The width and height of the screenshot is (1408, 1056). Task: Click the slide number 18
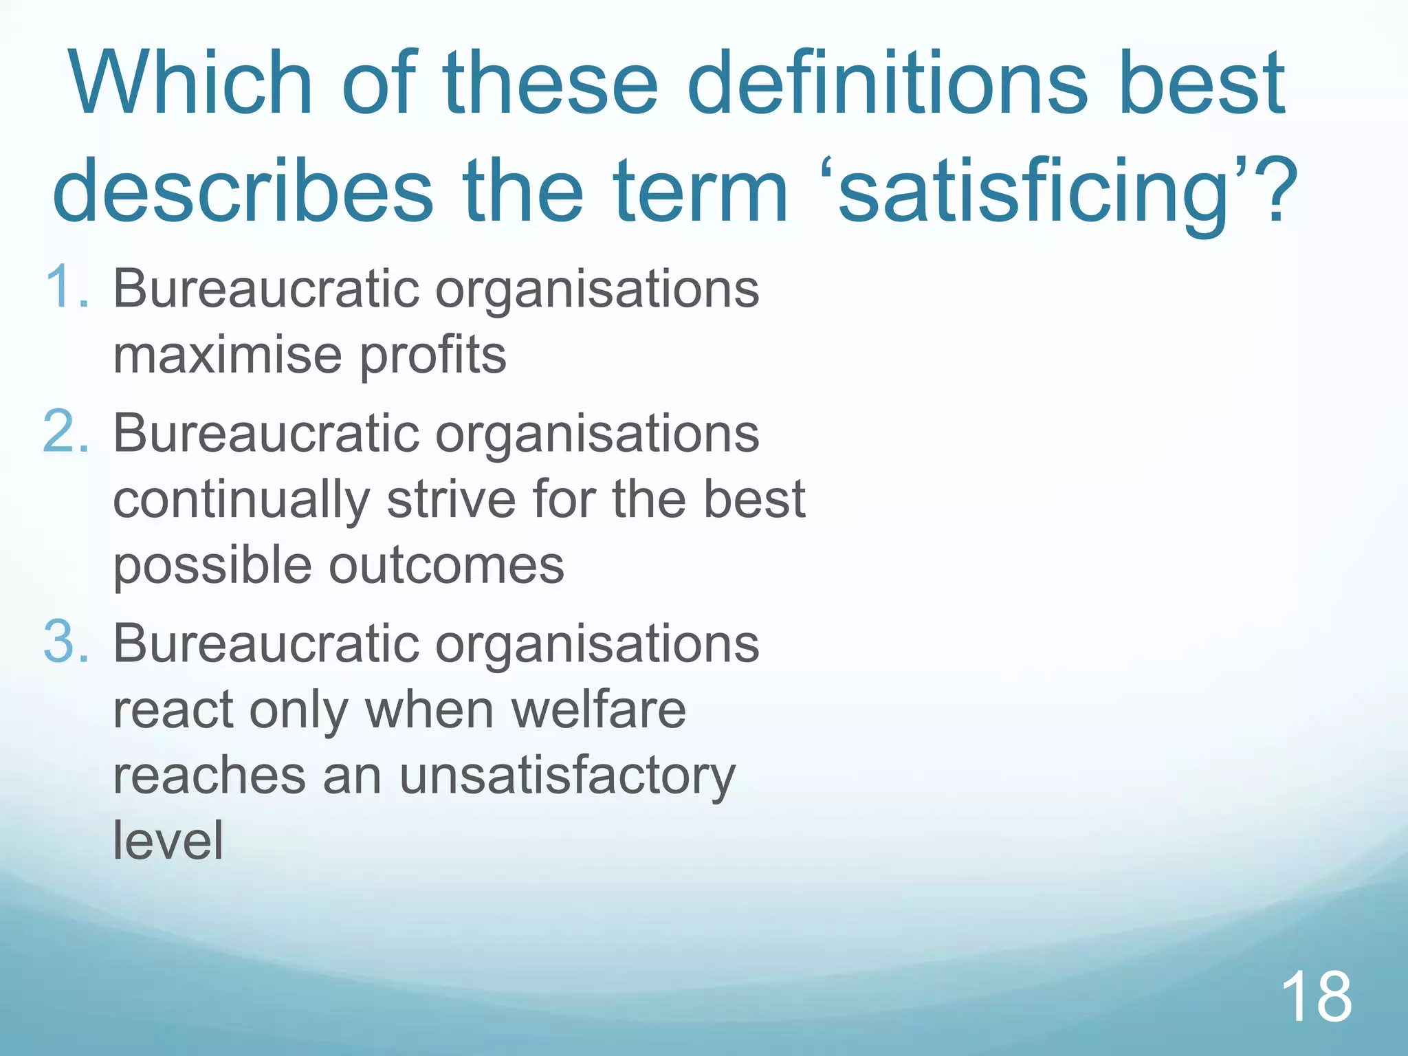tap(1316, 996)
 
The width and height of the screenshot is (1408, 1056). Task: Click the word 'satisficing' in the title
tap(1032, 192)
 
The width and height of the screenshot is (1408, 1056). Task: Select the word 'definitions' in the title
tap(888, 84)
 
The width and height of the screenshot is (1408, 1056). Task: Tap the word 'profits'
tap(433, 356)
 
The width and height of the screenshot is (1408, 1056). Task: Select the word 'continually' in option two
tap(241, 500)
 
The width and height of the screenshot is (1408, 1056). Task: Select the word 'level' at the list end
tap(168, 840)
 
